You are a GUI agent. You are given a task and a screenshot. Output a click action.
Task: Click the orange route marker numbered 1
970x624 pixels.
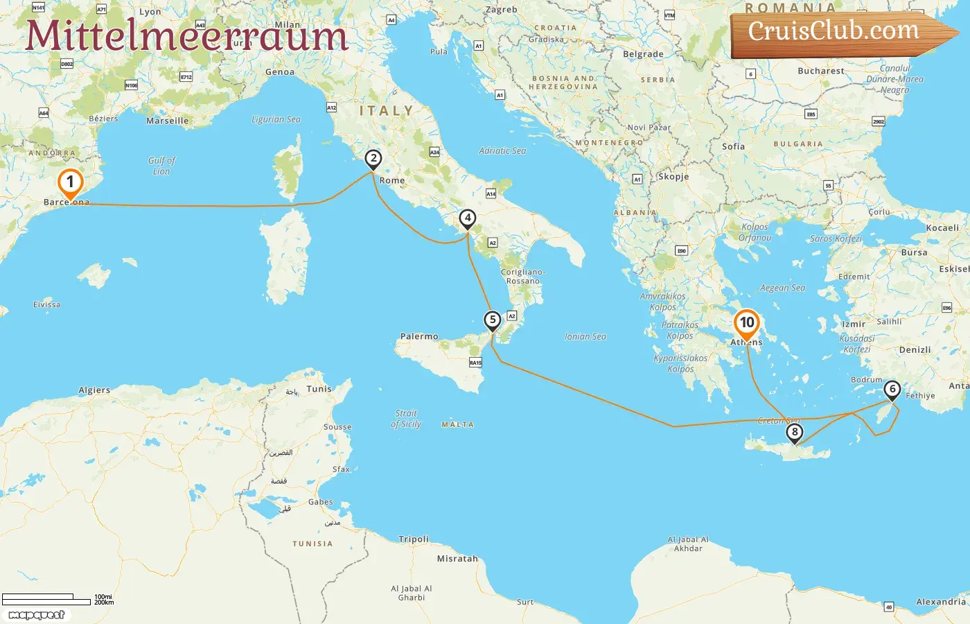[69, 182]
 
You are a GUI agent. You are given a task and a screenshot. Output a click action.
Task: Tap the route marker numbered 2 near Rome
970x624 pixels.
[373, 159]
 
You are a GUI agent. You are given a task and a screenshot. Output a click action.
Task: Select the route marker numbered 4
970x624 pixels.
[468, 218]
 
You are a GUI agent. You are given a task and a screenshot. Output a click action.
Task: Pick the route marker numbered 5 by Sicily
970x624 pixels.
[492, 320]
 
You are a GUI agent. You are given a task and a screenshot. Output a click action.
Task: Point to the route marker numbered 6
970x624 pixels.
[892, 389]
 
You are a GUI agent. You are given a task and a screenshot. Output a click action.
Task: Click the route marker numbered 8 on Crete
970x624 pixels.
[794, 433]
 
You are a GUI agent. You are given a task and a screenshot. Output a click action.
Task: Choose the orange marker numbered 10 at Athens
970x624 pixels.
[747, 322]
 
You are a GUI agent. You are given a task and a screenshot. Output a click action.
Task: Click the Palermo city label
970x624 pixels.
[419, 336]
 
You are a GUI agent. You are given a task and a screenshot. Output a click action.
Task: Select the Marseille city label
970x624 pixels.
[167, 121]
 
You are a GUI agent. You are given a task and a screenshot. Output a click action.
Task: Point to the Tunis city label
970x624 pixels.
[319, 389]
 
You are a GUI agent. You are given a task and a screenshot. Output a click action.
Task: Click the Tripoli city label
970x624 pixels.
[414, 539]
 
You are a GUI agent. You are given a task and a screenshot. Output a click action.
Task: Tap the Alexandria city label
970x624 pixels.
[940, 601]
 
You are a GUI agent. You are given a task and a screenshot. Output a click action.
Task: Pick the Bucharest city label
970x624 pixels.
[821, 71]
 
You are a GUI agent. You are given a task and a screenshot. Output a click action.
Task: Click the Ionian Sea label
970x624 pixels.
[585, 336]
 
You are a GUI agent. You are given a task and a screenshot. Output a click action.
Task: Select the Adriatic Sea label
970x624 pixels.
[502, 150]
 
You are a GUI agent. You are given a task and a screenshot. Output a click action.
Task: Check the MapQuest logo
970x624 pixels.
[36, 615]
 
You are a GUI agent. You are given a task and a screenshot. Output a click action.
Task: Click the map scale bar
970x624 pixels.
[47, 599]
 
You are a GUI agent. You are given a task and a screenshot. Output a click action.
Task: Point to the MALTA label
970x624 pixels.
[457, 424]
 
